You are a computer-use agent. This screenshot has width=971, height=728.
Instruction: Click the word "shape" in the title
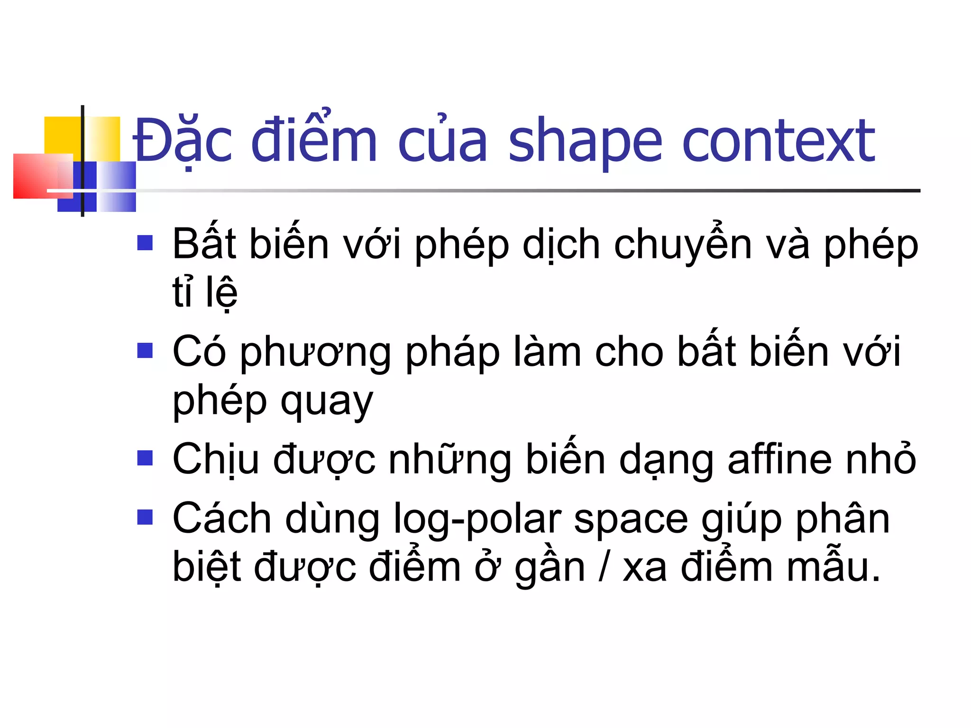[x=585, y=142]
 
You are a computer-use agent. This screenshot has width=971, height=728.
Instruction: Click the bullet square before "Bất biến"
[x=145, y=243]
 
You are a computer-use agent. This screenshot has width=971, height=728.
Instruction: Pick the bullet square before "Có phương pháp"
[x=145, y=351]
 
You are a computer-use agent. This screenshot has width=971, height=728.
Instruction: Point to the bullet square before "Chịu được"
[x=145, y=458]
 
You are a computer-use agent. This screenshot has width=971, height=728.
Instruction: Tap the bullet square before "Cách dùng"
[x=145, y=517]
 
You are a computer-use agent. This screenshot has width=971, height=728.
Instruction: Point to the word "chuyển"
[x=683, y=246]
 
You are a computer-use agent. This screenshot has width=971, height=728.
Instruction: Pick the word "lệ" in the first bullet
[x=221, y=292]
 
